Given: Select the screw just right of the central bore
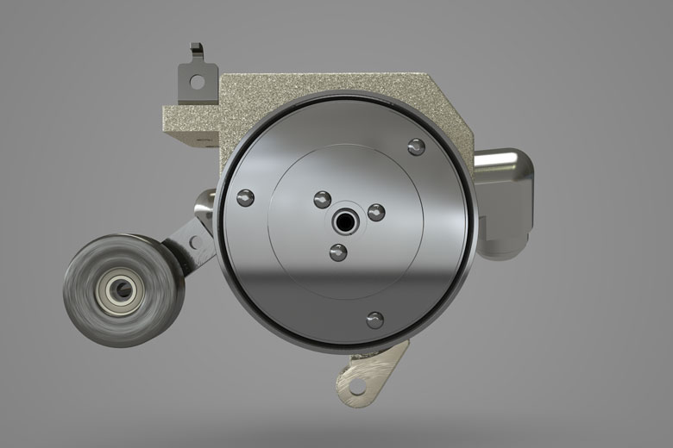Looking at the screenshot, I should click(376, 211).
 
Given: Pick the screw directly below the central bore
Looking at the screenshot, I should click(338, 252).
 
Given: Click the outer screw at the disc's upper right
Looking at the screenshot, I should click(416, 146).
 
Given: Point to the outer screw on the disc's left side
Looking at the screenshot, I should click(244, 196).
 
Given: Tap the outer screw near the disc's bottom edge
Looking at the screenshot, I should click(374, 320).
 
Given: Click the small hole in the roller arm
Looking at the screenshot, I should click(197, 240).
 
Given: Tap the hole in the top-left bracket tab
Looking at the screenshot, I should click(198, 83).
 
